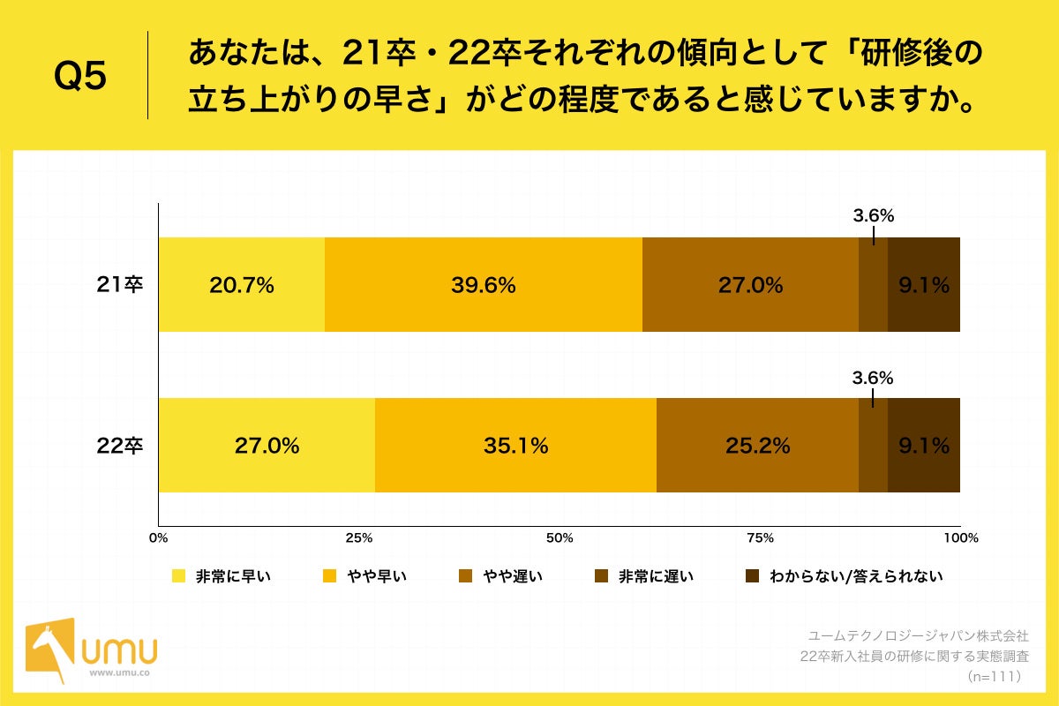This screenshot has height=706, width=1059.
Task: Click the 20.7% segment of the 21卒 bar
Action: point(242,285)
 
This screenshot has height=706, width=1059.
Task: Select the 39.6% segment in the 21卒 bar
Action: point(484,285)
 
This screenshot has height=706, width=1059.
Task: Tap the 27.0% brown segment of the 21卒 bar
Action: point(750,285)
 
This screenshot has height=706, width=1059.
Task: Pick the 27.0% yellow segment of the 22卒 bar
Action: point(267,446)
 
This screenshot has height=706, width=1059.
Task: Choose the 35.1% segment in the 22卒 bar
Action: point(515,446)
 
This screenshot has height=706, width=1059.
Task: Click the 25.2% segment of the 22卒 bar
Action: point(757,446)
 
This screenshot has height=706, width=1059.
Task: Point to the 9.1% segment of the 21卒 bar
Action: point(923,285)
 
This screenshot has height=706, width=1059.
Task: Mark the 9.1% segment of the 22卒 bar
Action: point(923,446)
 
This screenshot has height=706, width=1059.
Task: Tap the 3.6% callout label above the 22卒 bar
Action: point(873,378)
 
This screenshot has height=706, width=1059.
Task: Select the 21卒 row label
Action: point(120,285)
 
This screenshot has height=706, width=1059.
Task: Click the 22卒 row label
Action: point(120,446)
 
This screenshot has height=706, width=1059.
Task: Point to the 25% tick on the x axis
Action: point(358,537)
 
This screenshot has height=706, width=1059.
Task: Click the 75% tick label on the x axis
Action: point(760,537)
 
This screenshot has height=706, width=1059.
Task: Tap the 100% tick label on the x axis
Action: point(960,537)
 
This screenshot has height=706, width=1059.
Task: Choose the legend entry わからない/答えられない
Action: point(844,576)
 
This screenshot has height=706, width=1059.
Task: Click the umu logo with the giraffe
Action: point(92,651)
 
